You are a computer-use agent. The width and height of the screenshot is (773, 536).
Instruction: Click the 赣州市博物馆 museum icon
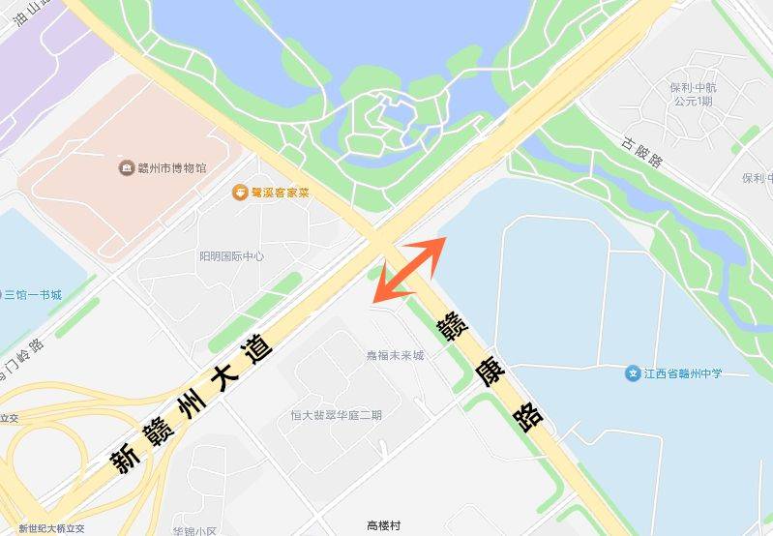[127, 168]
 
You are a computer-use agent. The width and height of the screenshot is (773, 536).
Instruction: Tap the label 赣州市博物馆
[171, 168]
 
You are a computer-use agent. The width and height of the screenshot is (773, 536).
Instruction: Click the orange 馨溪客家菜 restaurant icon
[239, 193]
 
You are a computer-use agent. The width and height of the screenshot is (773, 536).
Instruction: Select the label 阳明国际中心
[231, 256]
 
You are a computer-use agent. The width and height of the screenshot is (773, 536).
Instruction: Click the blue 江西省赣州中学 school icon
[633, 373]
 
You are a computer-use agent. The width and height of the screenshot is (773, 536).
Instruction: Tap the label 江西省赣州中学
[683, 373]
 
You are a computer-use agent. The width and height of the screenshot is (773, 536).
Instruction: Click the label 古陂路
[642, 151]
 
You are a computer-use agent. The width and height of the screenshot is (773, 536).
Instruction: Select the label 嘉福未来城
[395, 355]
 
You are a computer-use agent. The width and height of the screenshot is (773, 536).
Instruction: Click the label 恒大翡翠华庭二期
[336, 415]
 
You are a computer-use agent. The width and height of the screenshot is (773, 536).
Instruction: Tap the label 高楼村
[384, 525]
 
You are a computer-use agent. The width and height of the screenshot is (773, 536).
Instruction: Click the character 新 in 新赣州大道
[125, 458]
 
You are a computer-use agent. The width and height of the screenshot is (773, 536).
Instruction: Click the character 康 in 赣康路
[489, 372]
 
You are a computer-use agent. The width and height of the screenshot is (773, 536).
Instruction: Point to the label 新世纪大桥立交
[51, 528]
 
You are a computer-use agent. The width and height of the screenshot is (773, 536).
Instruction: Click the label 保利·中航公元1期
[693, 94]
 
